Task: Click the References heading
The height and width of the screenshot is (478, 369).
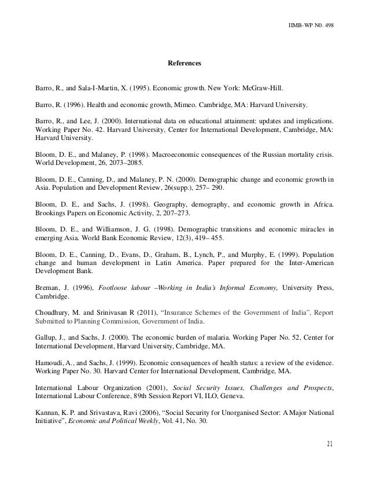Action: point(183,62)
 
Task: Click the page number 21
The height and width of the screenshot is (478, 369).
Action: point(330,444)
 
